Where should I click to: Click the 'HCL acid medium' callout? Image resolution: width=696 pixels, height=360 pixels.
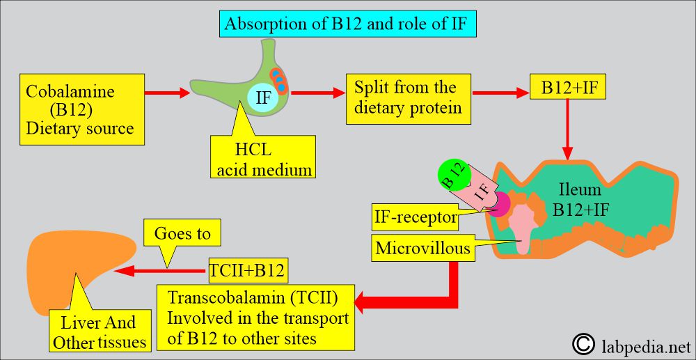point(263,155)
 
